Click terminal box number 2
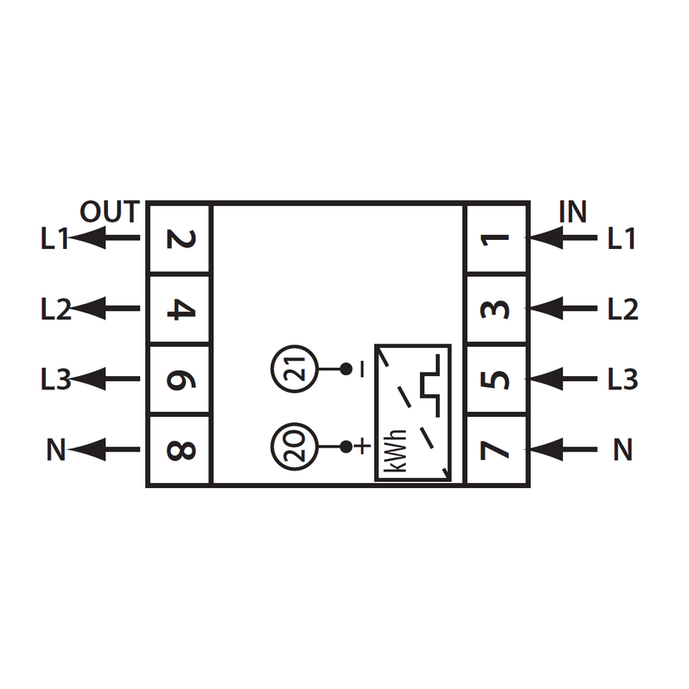(x=179, y=238)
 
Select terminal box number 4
(x=179, y=309)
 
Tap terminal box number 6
(x=179, y=379)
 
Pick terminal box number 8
(x=179, y=450)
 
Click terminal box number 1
(x=496, y=238)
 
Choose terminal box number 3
(x=496, y=309)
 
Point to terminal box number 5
(x=496, y=379)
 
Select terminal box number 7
(x=496, y=450)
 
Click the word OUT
(x=110, y=212)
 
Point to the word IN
(x=573, y=212)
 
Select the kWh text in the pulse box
(x=394, y=451)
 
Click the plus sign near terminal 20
(x=363, y=447)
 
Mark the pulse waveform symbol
(x=431, y=386)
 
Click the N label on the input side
(x=623, y=450)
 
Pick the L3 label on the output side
(x=56, y=379)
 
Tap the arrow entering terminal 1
(x=564, y=237)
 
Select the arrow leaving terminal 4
(x=105, y=308)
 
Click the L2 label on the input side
(x=623, y=309)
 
